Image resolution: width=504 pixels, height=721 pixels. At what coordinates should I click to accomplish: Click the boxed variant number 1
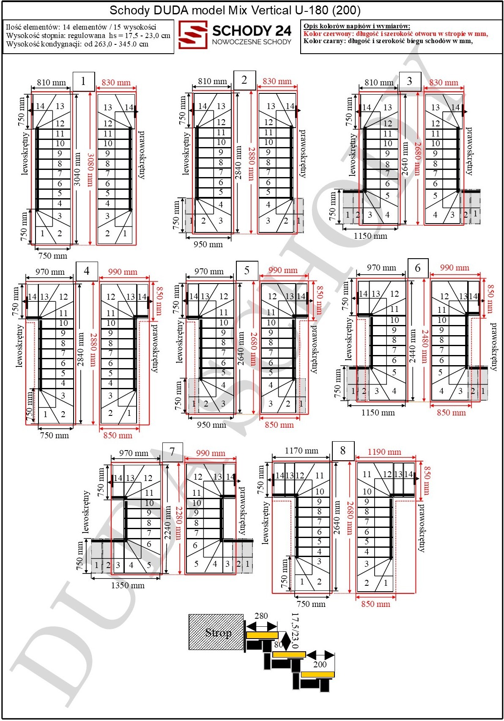click(83, 81)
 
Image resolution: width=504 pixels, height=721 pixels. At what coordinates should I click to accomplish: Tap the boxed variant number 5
click(247, 270)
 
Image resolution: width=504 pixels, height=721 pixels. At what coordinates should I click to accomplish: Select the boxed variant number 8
click(343, 451)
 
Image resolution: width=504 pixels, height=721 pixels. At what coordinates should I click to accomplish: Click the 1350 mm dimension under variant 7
click(128, 585)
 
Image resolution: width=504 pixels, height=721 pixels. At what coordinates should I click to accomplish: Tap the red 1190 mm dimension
click(384, 452)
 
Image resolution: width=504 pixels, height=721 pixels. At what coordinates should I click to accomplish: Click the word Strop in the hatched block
click(218, 633)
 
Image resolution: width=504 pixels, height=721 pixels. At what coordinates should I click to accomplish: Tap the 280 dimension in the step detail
click(261, 616)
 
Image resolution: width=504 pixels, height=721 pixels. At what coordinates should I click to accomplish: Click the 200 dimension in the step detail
click(320, 664)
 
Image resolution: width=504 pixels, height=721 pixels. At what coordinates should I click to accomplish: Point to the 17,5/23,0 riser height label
click(295, 631)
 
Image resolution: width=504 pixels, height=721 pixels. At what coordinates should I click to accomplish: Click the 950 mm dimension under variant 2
click(208, 244)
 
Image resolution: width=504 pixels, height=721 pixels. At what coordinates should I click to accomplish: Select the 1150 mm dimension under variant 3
click(370, 236)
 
